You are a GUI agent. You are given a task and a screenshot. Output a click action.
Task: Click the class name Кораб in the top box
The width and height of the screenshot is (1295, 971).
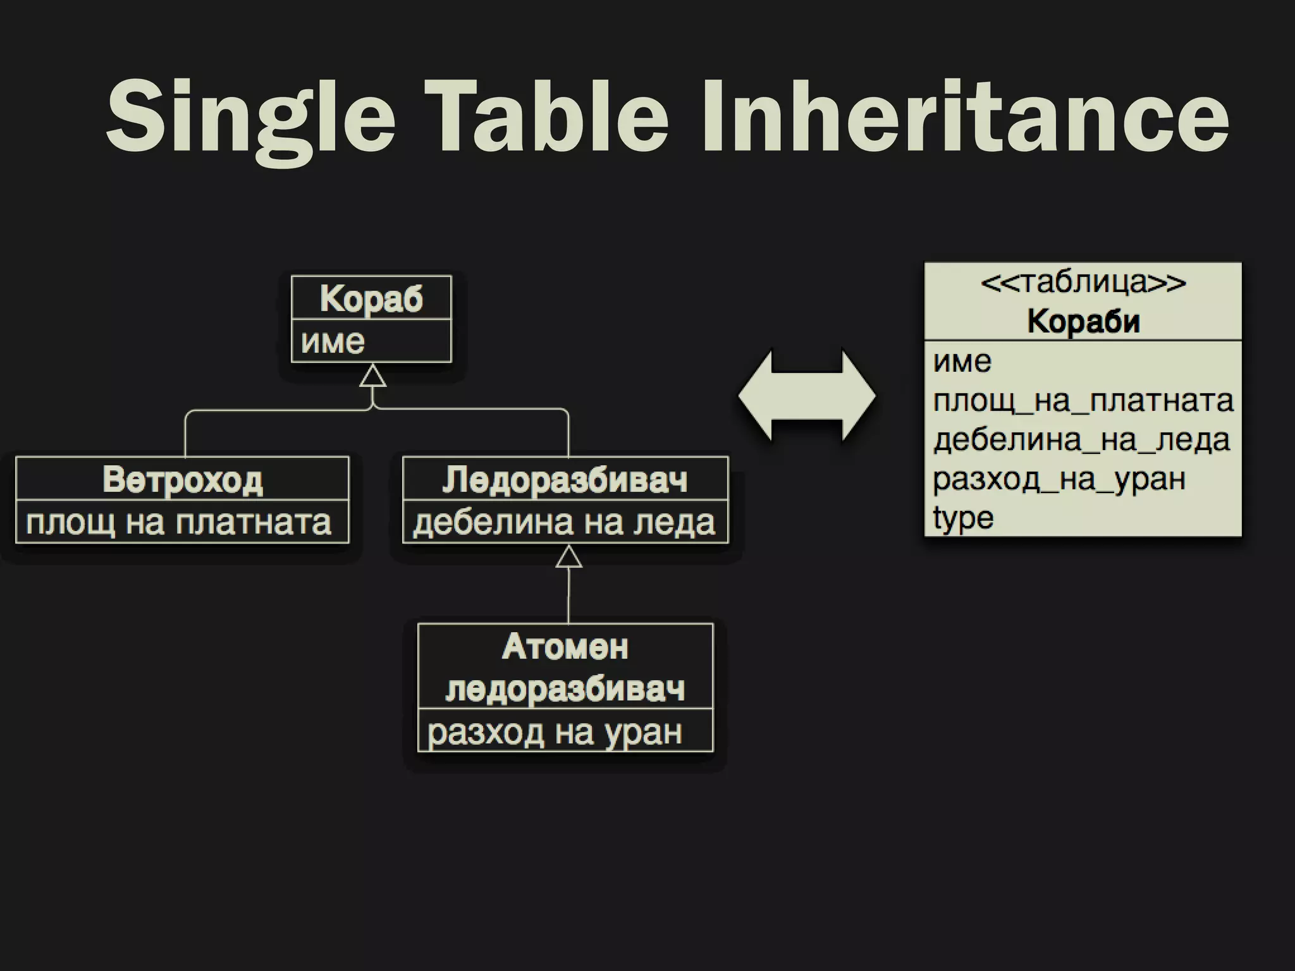pyautogui.click(x=371, y=298)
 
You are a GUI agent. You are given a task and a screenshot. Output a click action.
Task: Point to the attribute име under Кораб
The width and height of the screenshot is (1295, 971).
pyautogui.click(x=333, y=341)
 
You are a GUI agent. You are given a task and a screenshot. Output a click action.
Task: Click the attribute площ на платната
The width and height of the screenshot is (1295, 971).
pyautogui.click(x=179, y=522)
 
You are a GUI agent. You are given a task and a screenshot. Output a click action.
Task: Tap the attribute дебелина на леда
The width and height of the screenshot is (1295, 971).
pyautogui.click(x=564, y=522)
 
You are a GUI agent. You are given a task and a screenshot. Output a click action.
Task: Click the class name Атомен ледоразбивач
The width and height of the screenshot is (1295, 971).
pyautogui.click(x=565, y=668)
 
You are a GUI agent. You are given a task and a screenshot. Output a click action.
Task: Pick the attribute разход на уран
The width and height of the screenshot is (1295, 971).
pyautogui.click(x=555, y=732)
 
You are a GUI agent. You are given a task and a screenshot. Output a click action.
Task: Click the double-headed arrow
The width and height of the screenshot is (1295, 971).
pyautogui.click(x=807, y=396)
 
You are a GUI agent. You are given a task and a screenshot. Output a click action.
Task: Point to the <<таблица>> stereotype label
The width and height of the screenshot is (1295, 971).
pyautogui.click(x=1083, y=282)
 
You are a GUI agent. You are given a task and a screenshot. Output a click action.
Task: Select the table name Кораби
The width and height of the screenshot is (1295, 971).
pyautogui.click(x=1083, y=321)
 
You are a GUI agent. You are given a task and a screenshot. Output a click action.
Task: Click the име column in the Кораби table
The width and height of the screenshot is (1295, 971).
pyautogui.click(x=962, y=362)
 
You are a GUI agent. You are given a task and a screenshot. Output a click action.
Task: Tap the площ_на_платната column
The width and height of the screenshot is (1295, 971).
pyautogui.click(x=1083, y=401)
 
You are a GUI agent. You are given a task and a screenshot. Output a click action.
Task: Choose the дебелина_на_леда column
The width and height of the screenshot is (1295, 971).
pyautogui.click(x=1081, y=440)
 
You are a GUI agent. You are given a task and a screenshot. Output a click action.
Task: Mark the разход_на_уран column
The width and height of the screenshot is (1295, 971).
pyautogui.click(x=1059, y=479)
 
